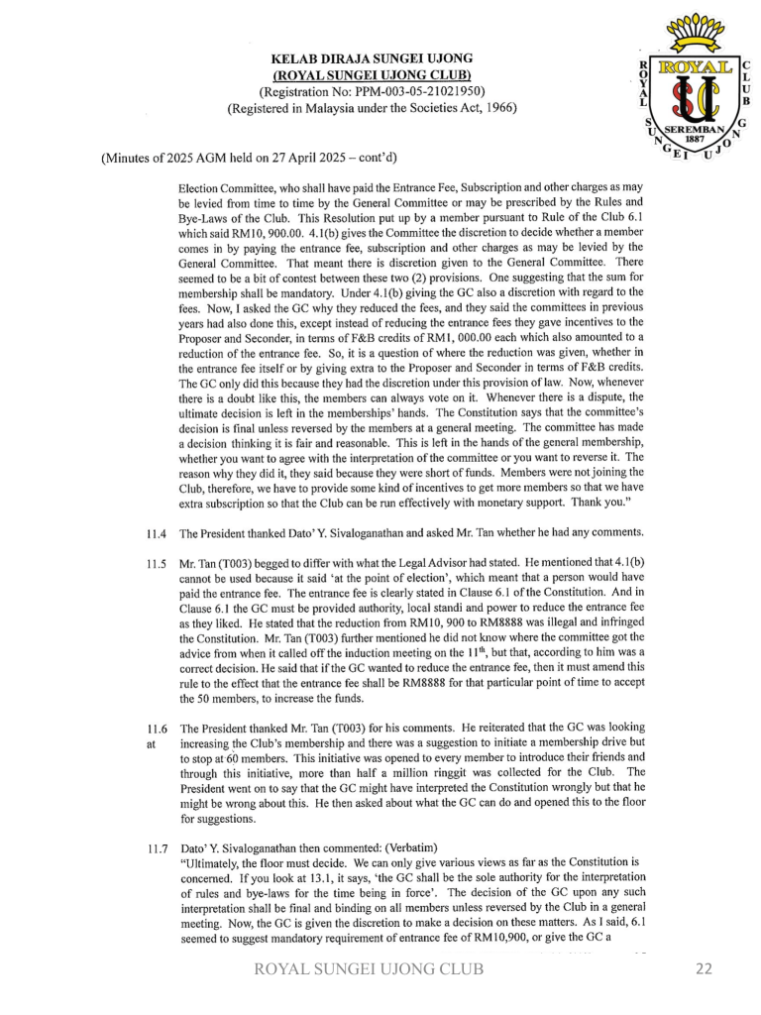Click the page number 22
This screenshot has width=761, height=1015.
point(704,969)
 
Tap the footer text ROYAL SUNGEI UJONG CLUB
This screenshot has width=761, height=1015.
point(370,969)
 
